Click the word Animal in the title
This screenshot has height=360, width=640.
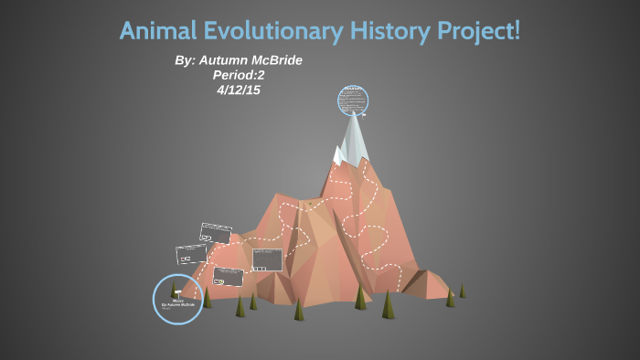(156, 31)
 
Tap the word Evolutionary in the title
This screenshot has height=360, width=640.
(271, 31)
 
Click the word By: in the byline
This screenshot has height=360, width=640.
(186, 60)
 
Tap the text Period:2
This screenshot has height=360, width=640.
(239, 75)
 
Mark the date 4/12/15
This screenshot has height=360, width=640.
(239, 90)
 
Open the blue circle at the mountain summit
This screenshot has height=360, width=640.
(352, 101)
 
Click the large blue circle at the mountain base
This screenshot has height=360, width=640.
(177, 299)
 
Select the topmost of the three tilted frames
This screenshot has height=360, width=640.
(216, 233)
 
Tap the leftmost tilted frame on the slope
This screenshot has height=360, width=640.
(191, 253)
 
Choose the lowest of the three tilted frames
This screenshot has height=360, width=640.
(228, 275)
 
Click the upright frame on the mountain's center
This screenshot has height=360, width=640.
(268, 259)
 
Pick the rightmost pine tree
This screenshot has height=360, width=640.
(462, 291)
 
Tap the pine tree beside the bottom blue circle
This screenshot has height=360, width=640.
(207, 298)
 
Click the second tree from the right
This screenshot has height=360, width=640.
(450, 298)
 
